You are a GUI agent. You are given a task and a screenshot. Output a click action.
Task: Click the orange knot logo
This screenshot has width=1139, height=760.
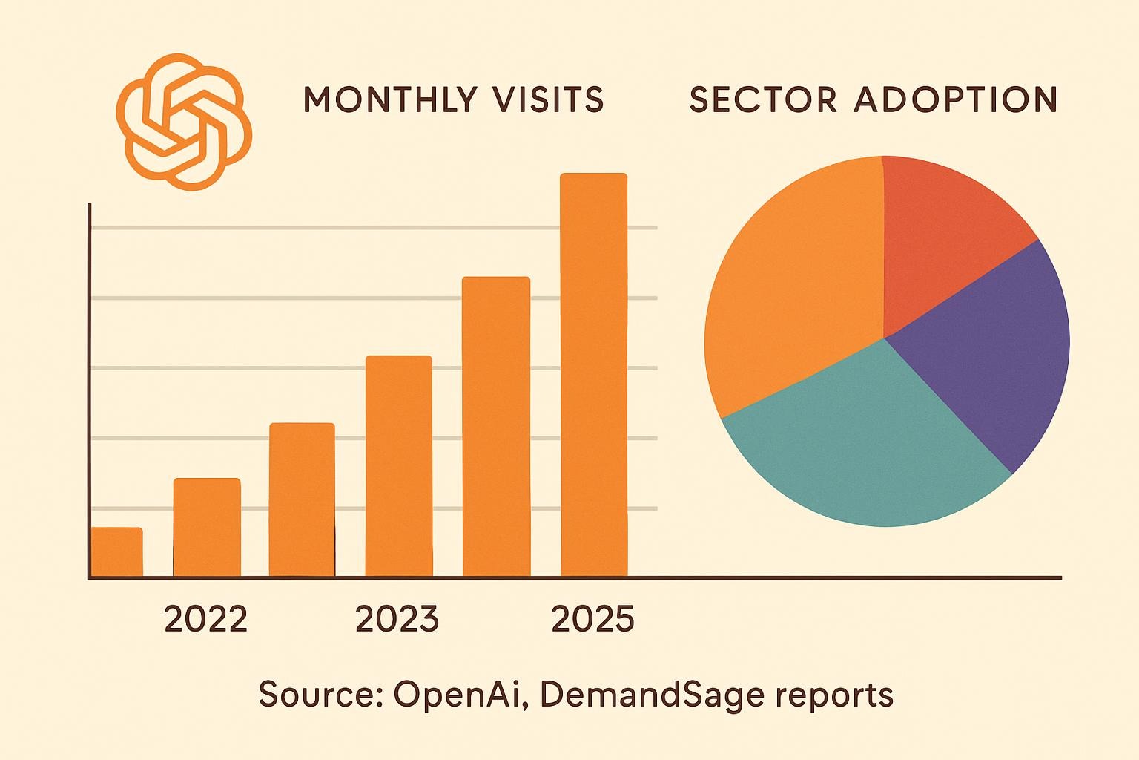[x=184, y=121]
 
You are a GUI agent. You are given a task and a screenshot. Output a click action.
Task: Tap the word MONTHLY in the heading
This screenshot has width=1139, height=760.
[x=390, y=99]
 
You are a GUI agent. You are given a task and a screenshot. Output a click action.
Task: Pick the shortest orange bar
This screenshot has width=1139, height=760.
[x=116, y=552]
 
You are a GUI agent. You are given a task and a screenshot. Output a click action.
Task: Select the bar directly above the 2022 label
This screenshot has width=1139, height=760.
[x=207, y=527]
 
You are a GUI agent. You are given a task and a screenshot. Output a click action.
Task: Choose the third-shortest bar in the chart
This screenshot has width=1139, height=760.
[x=302, y=499]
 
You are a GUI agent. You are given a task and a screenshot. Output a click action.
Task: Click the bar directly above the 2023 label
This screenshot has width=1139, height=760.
[x=399, y=466]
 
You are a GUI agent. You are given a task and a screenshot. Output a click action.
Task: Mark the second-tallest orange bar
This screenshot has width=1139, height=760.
[x=496, y=427]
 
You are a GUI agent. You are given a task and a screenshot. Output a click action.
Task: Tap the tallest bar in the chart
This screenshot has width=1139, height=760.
[x=593, y=375]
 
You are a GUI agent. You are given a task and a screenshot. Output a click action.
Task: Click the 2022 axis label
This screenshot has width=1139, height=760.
[x=205, y=619]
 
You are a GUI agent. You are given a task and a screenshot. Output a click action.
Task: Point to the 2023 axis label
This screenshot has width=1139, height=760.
[x=397, y=619]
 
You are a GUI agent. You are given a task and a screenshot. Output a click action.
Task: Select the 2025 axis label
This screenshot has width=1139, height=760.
[x=593, y=619]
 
